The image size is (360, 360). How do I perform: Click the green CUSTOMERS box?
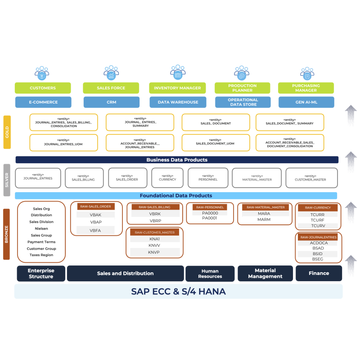coord(43,88)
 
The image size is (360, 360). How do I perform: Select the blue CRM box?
coord(111,102)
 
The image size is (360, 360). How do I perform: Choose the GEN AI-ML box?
coord(306,102)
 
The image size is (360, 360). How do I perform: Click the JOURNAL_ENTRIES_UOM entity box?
coord(63,143)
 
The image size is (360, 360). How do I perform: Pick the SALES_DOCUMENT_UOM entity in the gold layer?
coord(215,143)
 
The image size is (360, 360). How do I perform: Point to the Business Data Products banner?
coord(177,160)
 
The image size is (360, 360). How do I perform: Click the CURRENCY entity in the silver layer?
coord(167,178)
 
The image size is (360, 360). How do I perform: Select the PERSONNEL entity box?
coord(207,178)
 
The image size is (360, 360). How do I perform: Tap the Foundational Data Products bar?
coord(176,196)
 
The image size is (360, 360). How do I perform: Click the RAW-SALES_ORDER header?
coord(95,207)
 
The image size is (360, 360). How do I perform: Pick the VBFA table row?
coord(95,230)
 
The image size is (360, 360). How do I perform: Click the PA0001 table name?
coord(209,218)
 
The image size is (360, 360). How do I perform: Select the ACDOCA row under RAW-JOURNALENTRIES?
coord(319,243)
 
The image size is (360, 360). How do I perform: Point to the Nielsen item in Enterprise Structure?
coord(41,229)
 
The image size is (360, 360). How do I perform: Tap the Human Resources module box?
coord(210,274)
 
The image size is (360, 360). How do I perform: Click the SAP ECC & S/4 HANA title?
coord(178,292)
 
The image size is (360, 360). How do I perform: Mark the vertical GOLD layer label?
coord(7,132)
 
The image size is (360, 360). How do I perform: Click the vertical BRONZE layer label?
coord(7,234)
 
